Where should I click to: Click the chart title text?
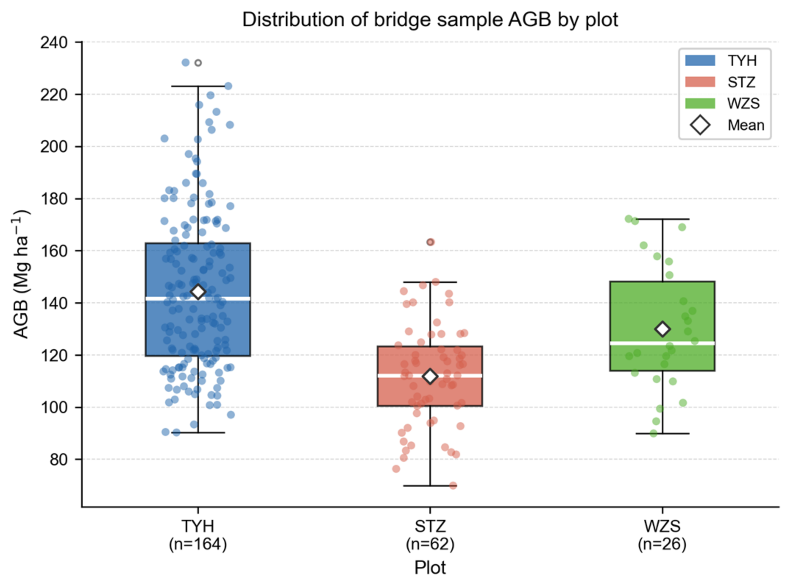(x=430, y=20)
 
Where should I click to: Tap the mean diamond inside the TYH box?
(x=198, y=292)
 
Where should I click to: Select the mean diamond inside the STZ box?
(x=430, y=376)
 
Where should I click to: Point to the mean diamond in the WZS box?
(x=662, y=329)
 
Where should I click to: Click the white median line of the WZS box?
(x=662, y=343)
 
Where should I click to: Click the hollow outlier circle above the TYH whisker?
(x=198, y=63)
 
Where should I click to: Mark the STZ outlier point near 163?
(x=430, y=242)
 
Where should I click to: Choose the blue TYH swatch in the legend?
(x=700, y=60)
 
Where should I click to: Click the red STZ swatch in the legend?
(x=700, y=82)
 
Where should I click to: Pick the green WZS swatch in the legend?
(x=700, y=103)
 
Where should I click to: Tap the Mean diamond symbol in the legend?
(x=700, y=125)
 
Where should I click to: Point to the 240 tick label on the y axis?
(x=54, y=43)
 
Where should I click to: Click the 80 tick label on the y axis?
(x=58, y=460)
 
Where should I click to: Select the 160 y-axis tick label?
(x=54, y=251)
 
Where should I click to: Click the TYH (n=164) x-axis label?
(x=198, y=535)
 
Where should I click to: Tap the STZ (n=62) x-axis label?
(x=430, y=535)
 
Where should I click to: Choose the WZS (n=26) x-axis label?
(x=662, y=535)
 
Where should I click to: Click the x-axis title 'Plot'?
(x=430, y=567)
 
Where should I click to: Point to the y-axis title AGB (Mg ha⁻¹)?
(x=21, y=274)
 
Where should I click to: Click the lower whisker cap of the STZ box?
(x=430, y=486)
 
